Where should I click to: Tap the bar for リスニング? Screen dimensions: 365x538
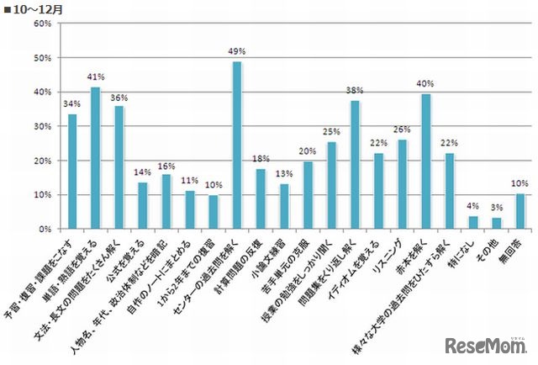coord(402,184)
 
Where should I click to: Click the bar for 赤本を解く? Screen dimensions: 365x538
coord(425,161)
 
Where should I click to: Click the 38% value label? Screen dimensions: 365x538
coord(356,91)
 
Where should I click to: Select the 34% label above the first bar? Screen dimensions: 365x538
coord(72,104)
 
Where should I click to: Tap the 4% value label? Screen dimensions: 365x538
coord(473,207)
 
